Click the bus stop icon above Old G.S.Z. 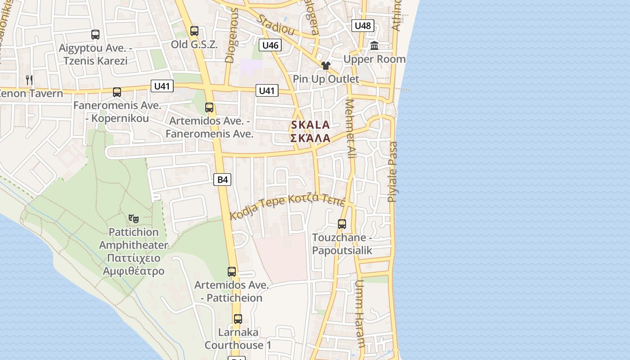click(x=194, y=31)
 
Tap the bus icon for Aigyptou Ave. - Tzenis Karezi click(x=95, y=34)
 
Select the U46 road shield click(x=270, y=45)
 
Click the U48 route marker click(x=363, y=26)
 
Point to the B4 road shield click(x=222, y=180)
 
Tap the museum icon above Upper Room click(x=374, y=45)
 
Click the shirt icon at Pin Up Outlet click(x=326, y=66)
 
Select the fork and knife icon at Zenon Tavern click(x=29, y=80)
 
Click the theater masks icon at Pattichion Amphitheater click(x=134, y=219)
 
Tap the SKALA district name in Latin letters click(x=310, y=125)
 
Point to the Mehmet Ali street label click(x=351, y=128)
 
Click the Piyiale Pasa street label click(x=393, y=171)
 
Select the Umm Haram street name click(x=360, y=314)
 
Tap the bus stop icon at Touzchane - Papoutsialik click(x=342, y=224)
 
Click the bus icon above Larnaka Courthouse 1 click(x=238, y=319)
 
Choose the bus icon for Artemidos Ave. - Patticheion click(x=232, y=272)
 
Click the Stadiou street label click(x=276, y=25)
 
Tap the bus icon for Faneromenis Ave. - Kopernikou click(x=117, y=92)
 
